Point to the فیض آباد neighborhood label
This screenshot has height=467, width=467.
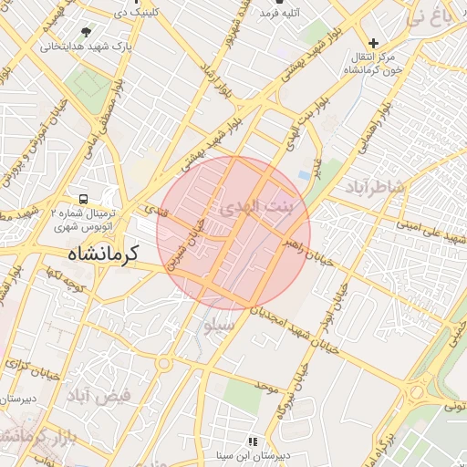click(98, 394)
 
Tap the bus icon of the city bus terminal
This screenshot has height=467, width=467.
click(84, 198)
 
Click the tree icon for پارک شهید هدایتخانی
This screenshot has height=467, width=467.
click(86, 31)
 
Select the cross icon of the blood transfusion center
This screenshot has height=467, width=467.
click(373, 43)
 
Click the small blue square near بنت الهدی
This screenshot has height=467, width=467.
click(304, 174)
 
